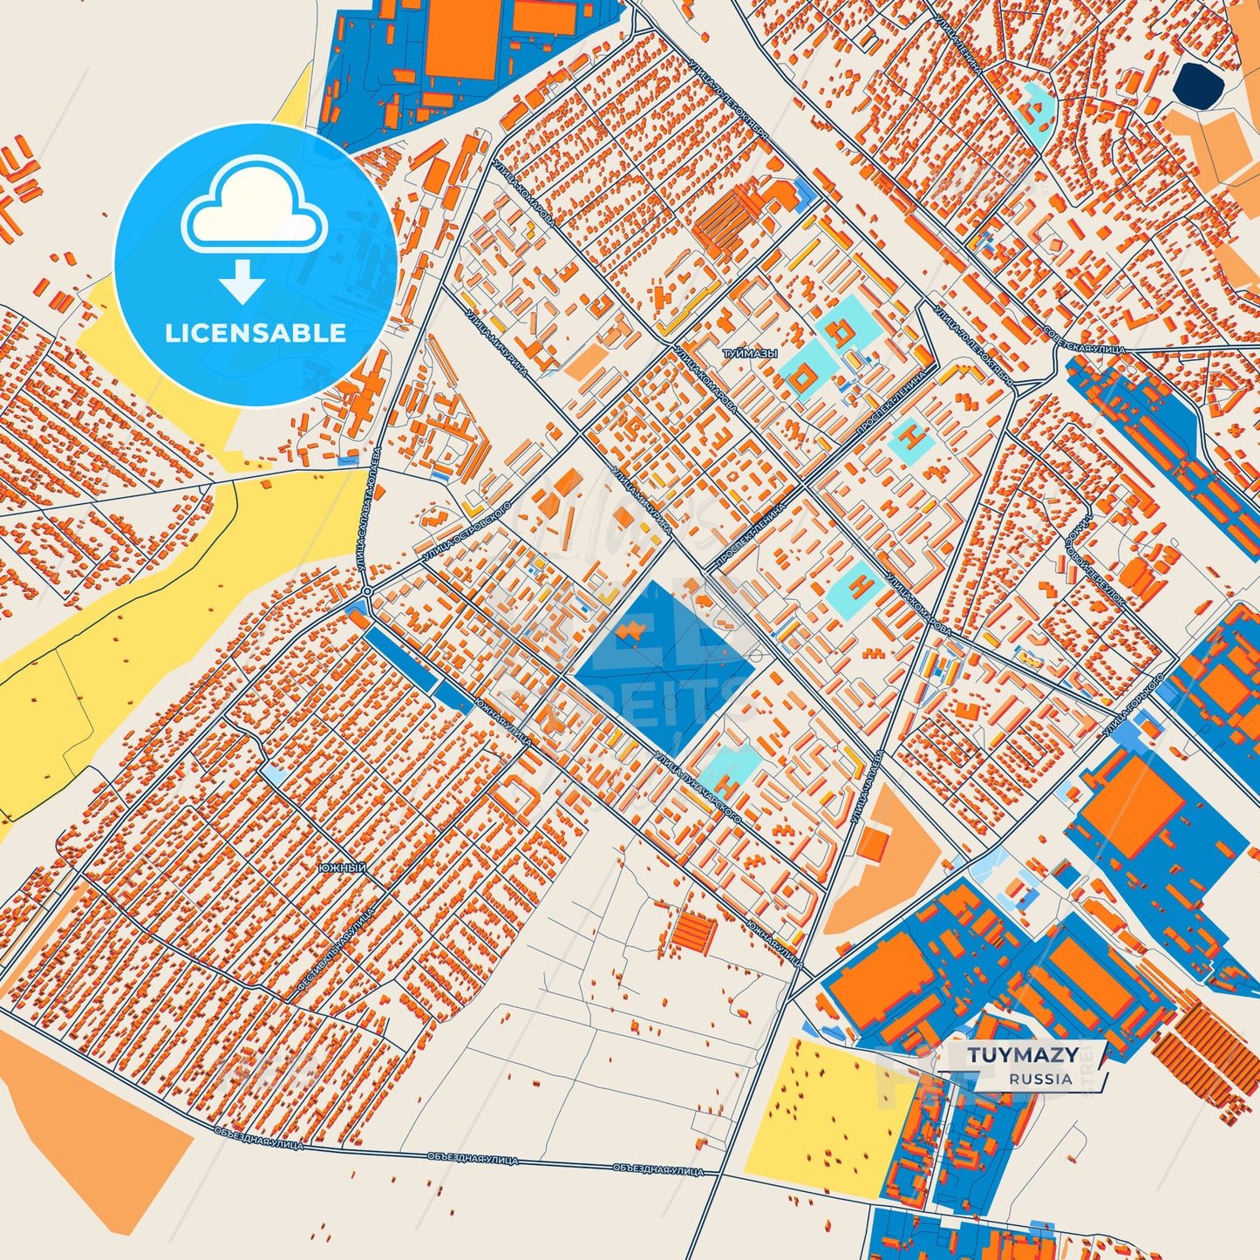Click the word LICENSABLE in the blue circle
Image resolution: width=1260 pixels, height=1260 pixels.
(255, 333)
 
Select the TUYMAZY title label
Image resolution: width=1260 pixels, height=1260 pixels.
(1022, 1055)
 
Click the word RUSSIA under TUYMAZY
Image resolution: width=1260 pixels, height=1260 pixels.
(1040, 1079)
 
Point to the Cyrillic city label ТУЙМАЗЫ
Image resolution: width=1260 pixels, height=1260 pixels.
(749, 355)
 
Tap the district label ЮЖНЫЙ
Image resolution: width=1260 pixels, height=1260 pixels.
(342, 868)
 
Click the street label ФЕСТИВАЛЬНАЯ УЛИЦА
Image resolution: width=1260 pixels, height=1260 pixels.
(337, 947)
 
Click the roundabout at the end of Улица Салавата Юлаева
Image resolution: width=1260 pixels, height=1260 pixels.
(367, 591)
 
